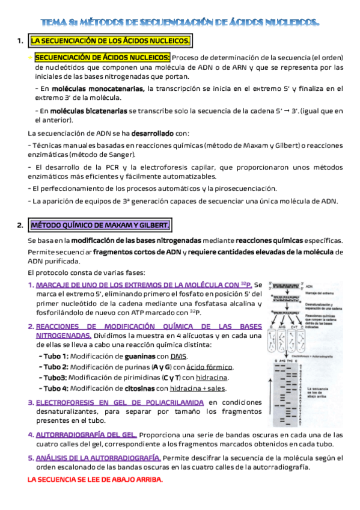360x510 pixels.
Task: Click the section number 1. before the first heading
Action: [20, 41]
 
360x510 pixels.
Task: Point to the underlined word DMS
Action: [178, 356]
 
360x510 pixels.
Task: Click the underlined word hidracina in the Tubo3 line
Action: [212, 378]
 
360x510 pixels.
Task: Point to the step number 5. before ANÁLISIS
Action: [31, 458]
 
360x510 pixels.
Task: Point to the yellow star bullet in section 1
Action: [31, 58]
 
